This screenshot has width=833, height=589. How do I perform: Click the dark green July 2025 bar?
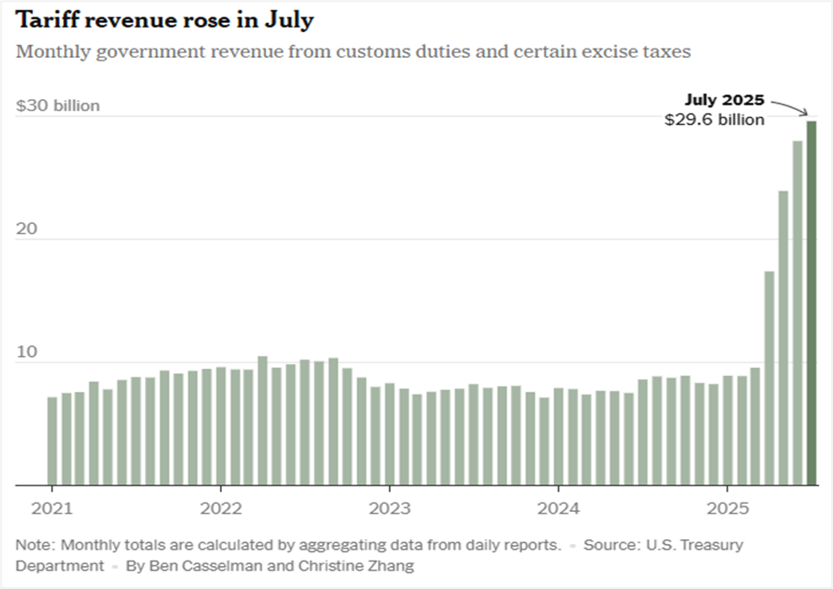[x=812, y=303]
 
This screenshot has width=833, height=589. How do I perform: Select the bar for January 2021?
[x=51, y=441]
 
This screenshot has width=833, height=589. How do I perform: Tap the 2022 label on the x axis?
[x=220, y=507]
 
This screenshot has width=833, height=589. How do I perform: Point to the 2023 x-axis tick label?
[x=389, y=507]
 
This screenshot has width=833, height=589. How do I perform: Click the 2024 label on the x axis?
[x=558, y=507]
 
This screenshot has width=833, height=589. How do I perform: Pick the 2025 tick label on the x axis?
[x=727, y=507]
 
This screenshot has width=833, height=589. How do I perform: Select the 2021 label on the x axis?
[x=51, y=507]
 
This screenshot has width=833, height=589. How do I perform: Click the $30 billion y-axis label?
[x=58, y=106]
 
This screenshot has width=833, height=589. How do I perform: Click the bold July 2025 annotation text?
[x=725, y=100]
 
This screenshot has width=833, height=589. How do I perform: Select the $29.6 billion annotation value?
[x=715, y=120]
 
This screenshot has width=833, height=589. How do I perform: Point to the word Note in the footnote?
[x=33, y=544]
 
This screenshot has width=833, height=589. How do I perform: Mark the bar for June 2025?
[x=797, y=313]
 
